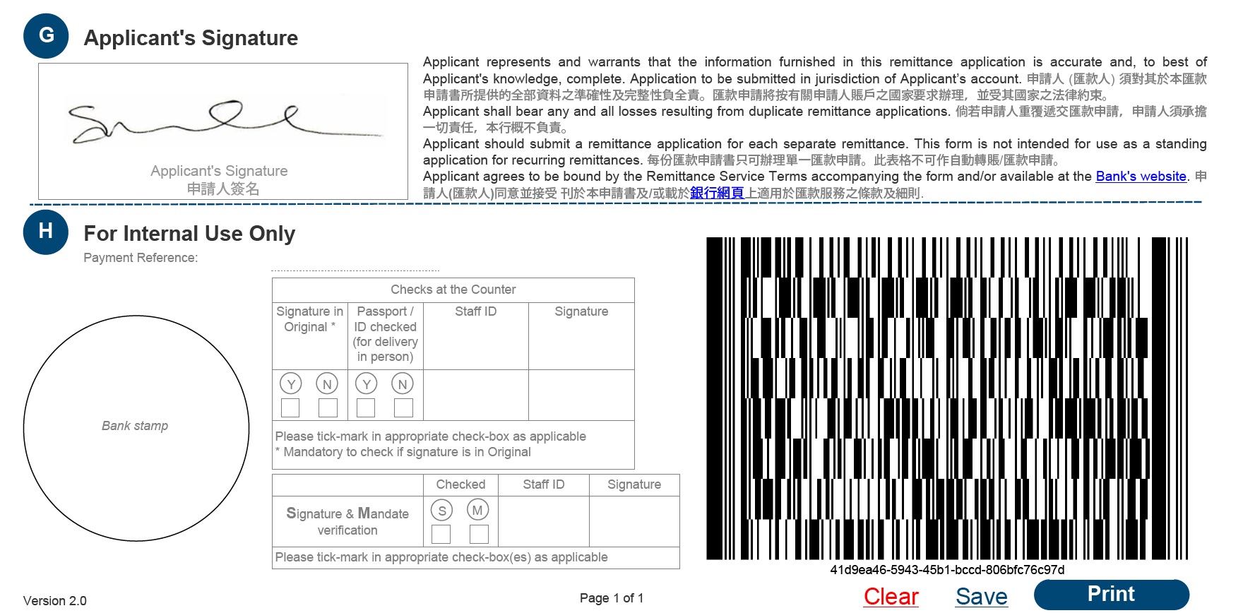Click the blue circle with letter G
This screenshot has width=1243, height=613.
(x=46, y=35)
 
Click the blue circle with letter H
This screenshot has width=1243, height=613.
(x=46, y=232)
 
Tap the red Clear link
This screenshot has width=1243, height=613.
(x=891, y=597)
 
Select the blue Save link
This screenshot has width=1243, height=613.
(x=981, y=597)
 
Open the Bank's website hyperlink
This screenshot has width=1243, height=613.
(x=1141, y=177)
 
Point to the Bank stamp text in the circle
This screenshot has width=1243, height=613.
(x=135, y=426)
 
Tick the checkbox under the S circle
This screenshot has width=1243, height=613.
(x=441, y=534)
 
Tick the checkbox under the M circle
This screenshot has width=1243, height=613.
(x=479, y=534)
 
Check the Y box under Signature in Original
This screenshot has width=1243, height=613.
(x=290, y=407)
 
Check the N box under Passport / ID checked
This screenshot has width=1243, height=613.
(x=403, y=407)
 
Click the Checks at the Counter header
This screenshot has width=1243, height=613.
(x=453, y=290)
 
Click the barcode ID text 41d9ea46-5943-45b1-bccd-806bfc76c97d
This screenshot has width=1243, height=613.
(x=947, y=570)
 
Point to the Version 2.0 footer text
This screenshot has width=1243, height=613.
(x=54, y=601)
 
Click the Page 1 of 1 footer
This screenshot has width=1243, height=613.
(x=612, y=598)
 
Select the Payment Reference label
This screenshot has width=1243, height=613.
(x=141, y=258)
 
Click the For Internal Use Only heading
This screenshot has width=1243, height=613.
(x=189, y=234)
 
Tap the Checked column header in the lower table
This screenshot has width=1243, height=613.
(x=460, y=484)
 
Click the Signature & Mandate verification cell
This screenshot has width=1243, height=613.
(x=347, y=521)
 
